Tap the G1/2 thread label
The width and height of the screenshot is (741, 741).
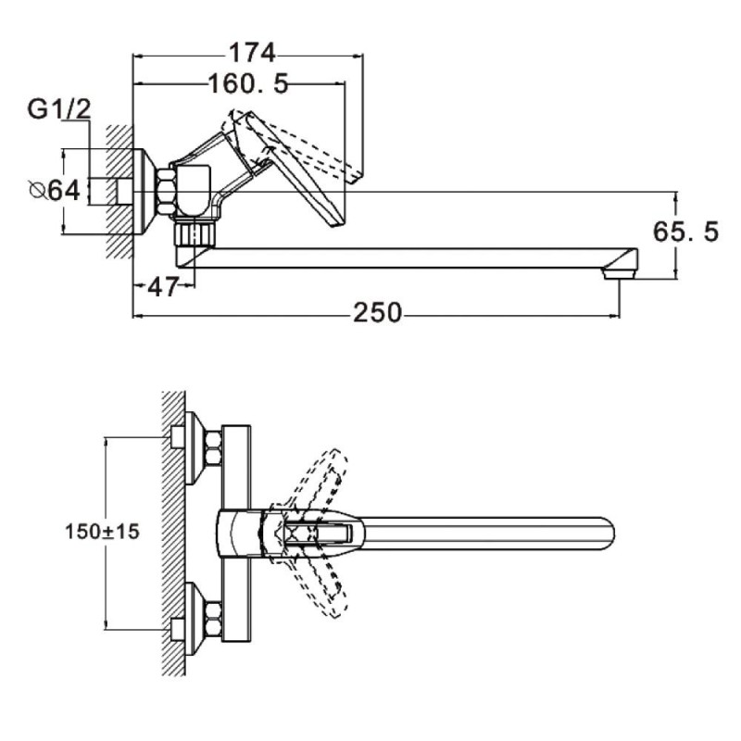pyautogui.click(x=59, y=109)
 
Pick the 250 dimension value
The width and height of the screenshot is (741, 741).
pyautogui.click(x=377, y=314)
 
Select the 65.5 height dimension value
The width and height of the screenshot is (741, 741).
pyautogui.click(x=686, y=232)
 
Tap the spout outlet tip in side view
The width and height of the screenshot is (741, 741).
pyautogui.click(x=618, y=270)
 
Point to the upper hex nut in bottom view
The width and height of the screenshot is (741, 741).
pyautogui.click(x=212, y=447)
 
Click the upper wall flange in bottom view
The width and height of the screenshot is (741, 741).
pyautogui.click(x=194, y=448)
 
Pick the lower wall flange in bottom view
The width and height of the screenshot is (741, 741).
pyautogui.click(x=194, y=619)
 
